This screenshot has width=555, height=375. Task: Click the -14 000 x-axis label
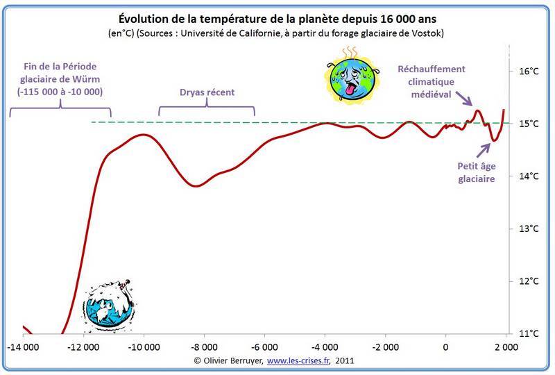(x=24, y=346)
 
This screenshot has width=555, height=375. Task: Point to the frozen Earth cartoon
(x=110, y=306)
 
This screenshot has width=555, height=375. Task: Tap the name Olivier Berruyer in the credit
(x=232, y=361)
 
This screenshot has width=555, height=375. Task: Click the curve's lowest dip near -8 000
(x=196, y=185)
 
